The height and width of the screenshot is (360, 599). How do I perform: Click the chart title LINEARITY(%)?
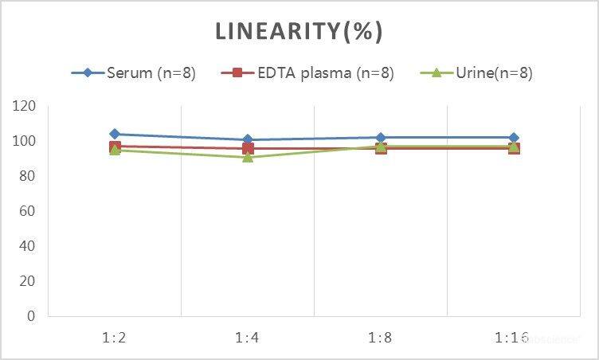299,32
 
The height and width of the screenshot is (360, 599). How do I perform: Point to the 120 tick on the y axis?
25,106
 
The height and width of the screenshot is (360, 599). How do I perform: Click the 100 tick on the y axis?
25,141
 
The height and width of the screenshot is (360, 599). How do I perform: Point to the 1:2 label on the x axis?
115,338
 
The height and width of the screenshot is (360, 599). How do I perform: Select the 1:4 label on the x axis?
248,338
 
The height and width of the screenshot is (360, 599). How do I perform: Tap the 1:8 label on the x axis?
381,338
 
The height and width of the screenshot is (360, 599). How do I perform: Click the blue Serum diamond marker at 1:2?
115,134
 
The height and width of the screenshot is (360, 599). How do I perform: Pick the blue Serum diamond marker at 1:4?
248,139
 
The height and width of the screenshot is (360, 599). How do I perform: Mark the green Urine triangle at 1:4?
248,157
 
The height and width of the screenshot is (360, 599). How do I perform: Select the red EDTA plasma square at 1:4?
248,148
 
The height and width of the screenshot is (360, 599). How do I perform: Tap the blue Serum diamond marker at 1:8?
381,138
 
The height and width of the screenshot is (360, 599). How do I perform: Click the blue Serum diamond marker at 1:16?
514,138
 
